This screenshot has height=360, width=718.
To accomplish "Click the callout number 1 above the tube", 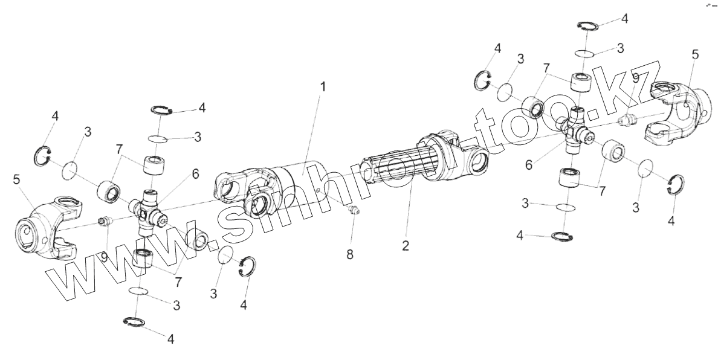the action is pyautogui.click(x=323, y=87).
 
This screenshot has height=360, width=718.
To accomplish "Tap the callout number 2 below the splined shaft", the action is pyautogui.click(x=406, y=246).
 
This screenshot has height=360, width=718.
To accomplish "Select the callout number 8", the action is pyautogui.click(x=350, y=255).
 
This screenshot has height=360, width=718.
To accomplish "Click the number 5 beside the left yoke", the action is pyautogui.click(x=17, y=179).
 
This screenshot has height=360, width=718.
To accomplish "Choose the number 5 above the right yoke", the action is pyautogui.click(x=695, y=55).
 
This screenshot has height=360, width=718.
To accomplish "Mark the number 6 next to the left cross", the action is pyautogui.click(x=195, y=174).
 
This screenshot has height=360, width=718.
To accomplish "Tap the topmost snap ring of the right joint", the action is pyautogui.click(x=586, y=25).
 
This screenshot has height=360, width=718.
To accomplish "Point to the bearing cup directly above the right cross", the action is pyautogui.click(x=581, y=81).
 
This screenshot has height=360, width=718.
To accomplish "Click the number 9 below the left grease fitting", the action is pyautogui.click(x=105, y=257).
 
